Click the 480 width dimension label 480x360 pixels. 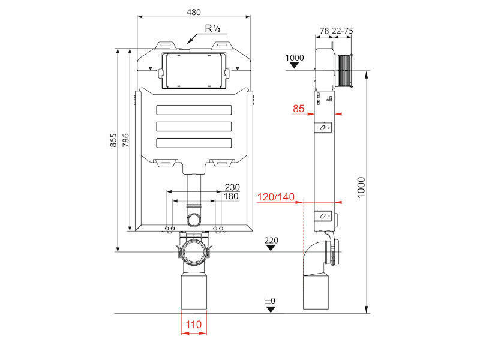pyautogui.click(x=194, y=12)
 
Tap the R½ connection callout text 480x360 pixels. pyautogui.click(x=213, y=28)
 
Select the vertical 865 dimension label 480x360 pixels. pyautogui.click(x=113, y=140)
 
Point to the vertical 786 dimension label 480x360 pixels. pyautogui.click(x=125, y=140)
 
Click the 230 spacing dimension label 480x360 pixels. pyautogui.click(x=232, y=187)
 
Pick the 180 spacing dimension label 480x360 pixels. pyautogui.click(x=231, y=196)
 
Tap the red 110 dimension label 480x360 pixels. pyautogui.click(x=194, y=324)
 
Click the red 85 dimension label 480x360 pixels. pyautogui.click(x=298, y=109)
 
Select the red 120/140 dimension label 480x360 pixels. pyautogui.click(x=276, y=197)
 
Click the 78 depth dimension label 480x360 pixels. pyautogui.click(x=324, y=31)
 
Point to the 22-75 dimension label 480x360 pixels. pyautogui.click(x=343, y=31)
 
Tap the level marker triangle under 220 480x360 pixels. pyautogui.click(x=271, y=248)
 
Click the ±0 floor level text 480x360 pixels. pyautogui.click(x=270, y=301)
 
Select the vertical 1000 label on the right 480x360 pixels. pyautogui.click(x=361, y=187)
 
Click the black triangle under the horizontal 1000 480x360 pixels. pyautogui.click(x=295, y=65)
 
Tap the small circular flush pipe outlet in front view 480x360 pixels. pyautogui.click(x=194, y=219)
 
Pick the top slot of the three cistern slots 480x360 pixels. pyautogui.click(x=194, y=110)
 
